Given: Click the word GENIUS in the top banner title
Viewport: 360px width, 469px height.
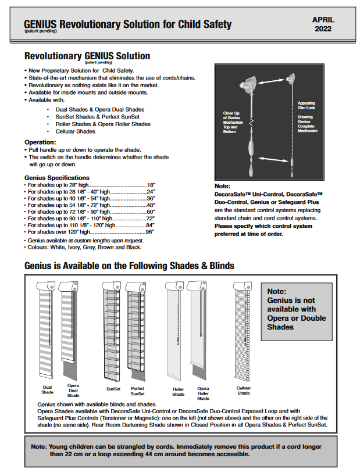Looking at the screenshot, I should (40, 24).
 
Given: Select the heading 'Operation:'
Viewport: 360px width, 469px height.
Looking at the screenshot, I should (40, 142).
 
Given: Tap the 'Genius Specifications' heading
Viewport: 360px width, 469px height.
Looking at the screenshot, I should (57, 177).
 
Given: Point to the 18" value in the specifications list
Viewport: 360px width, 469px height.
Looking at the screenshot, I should (150, 184).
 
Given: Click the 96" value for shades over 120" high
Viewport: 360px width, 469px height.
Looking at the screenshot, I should (149, 231).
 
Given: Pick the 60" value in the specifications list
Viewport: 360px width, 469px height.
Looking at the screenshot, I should (149, 212).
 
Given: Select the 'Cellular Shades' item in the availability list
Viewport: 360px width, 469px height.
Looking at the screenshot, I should (75, 131).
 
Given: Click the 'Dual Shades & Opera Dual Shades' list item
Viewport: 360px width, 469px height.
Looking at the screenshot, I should (99, 109).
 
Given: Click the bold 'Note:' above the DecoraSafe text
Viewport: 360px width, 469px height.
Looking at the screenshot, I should (223, 187).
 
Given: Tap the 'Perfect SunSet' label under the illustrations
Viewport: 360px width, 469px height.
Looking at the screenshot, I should (138, 391).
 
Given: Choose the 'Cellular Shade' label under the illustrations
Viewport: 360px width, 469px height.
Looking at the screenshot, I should (244, 390).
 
